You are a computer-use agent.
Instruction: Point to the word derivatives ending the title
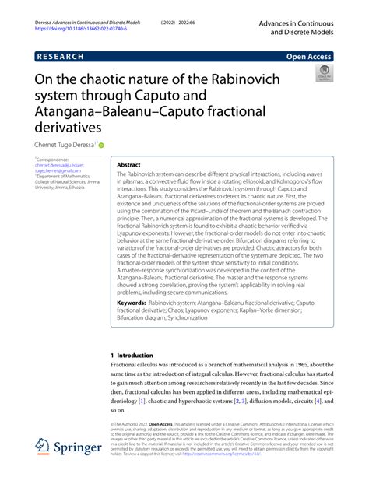pyautogui.click(x=69, y=125)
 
